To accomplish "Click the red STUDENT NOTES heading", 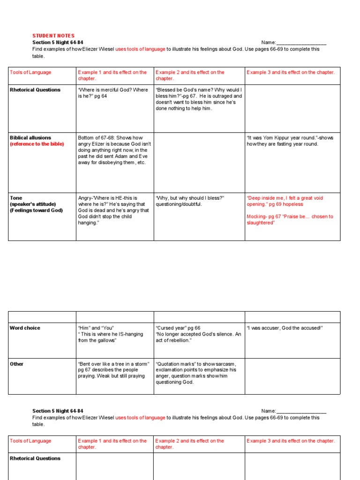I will [x=53, y=36].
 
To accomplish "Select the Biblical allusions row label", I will [x=30, y=138].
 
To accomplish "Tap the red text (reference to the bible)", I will [x=37, y=144].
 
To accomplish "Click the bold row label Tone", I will [x=16, y=198].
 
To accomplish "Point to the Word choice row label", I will [x=25, y=328].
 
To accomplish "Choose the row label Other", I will [x=16, y=364].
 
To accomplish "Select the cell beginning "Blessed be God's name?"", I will [x=199, y=99].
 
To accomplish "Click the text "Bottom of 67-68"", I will [x=96, y=138].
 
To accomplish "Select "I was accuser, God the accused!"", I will [x=285, y=328].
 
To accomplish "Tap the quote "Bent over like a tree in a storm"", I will [x=113, y=364].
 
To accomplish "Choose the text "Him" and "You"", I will [x=96, y=328].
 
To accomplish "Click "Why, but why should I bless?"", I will [x=190, y=198].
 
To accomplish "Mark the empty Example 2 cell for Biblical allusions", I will [x=199, y=162].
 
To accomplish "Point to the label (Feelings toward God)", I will [x=37, y=210].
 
